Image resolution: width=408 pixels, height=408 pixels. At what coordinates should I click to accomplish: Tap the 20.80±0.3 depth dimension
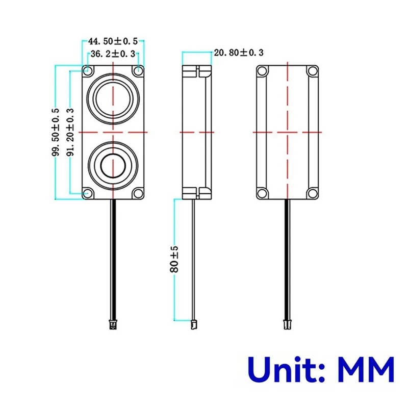(x=239, y=52)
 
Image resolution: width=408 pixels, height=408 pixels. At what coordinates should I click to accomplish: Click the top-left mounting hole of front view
(x=88, y=70)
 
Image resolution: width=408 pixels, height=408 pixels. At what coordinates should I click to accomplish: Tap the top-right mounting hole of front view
(x=138, y=70)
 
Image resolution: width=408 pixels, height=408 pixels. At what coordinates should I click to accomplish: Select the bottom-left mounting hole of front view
(x=88, y=193)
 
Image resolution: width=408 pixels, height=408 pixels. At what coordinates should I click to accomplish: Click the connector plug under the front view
(x=113, y=323)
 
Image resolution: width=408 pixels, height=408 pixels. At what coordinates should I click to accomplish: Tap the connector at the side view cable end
(x=194, y=323)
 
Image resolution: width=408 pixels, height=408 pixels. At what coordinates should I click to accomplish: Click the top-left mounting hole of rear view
(x=262, y=71)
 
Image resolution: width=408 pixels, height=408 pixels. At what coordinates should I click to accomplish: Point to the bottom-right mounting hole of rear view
(x=311, y=193)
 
